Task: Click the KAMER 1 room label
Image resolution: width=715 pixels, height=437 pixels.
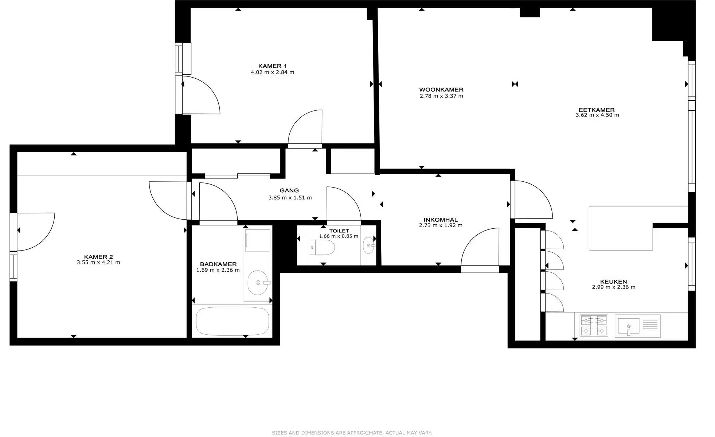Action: click(272, 66)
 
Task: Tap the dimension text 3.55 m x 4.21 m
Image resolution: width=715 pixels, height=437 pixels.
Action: click(98, 262)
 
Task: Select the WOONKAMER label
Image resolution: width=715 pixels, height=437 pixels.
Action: click(441, 90)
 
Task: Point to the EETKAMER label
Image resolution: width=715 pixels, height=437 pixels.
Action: click(597, 110)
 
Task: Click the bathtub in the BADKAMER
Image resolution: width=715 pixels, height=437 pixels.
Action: click(232, 321)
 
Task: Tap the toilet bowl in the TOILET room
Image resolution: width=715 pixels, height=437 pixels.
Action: click(324, 247)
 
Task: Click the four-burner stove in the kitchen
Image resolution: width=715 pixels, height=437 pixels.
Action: click(594, 325)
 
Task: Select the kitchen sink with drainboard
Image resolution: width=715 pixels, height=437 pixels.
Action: click(637, 326)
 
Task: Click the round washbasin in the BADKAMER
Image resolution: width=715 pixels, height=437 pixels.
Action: click(257, 283)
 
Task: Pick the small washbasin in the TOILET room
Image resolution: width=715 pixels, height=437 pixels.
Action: click(369, 245)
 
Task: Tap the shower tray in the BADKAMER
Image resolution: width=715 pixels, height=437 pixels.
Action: click(258, 240)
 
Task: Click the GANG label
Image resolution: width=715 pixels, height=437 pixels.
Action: click(289, 190)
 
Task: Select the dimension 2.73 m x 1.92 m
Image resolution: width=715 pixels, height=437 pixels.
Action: click(441, 225)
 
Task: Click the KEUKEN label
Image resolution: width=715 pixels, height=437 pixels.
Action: click(613, 282)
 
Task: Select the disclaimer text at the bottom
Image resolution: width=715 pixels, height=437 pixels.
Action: click(352, 433)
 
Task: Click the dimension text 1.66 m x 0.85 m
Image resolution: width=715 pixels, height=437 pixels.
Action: click(339, 236)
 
